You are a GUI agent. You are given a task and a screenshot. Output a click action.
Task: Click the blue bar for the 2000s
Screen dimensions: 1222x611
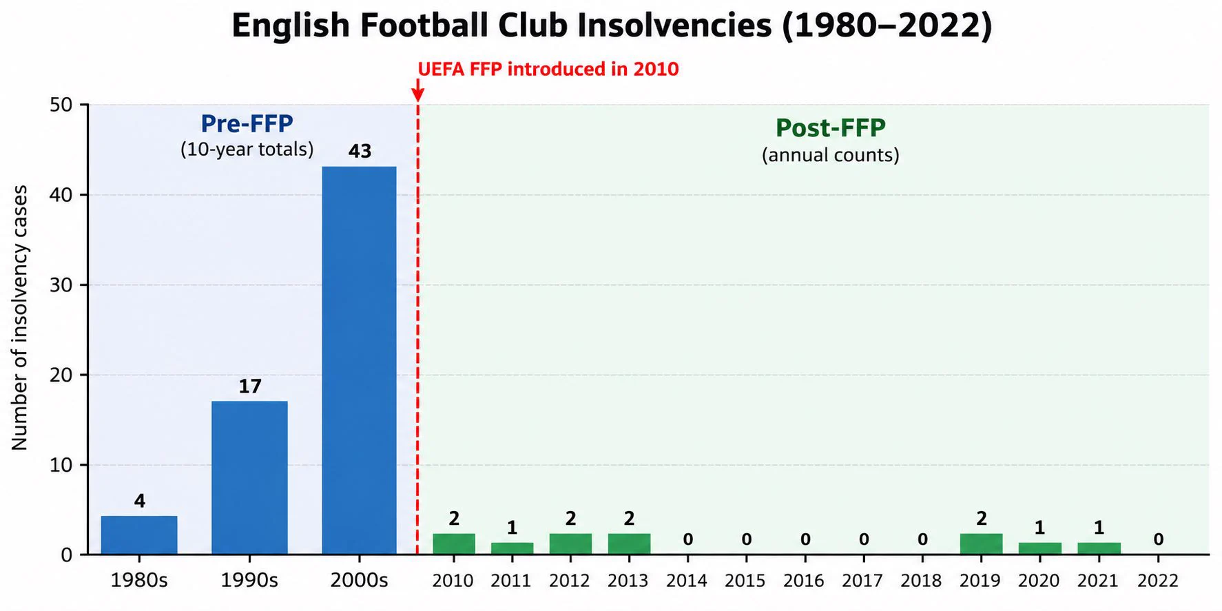[359, 360]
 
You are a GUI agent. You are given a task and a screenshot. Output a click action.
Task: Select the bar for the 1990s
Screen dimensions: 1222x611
[249, 477]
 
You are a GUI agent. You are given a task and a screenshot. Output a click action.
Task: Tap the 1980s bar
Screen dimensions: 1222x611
[139, 535]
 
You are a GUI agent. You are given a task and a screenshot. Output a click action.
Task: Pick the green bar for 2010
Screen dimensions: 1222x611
[454, 544]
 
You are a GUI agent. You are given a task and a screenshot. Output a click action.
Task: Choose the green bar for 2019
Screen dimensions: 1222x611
[981, 544]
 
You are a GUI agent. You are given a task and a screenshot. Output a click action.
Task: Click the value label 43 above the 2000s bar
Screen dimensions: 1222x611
[360, 152]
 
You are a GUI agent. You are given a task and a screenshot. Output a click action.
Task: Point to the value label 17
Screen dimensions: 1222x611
[250, 386]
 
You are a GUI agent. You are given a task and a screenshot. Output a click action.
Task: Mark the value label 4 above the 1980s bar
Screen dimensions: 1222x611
[140, 501]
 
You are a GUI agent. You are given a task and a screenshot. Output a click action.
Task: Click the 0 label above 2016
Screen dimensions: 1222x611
[805, 539]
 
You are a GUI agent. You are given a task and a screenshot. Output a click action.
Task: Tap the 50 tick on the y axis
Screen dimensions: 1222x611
[61, 105]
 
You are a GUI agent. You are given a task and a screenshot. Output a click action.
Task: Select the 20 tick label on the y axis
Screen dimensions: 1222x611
[61, 375]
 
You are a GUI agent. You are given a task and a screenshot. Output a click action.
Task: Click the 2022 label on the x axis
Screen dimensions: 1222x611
[1157, 581]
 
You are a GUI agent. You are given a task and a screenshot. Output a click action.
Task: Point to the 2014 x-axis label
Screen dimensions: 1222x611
[686, 581]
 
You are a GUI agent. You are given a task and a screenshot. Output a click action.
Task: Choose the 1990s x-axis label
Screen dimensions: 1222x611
[249, 581]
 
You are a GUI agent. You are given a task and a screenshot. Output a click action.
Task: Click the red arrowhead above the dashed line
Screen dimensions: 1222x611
[417, 94]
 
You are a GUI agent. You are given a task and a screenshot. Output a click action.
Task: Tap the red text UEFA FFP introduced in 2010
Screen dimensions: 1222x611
[548, 69]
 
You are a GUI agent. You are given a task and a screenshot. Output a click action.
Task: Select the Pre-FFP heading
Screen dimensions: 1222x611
[247, 123]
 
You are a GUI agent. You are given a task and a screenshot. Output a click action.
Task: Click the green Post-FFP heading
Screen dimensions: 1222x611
[831, 128]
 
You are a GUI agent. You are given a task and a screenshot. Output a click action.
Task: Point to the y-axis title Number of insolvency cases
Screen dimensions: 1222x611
[20, 318]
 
